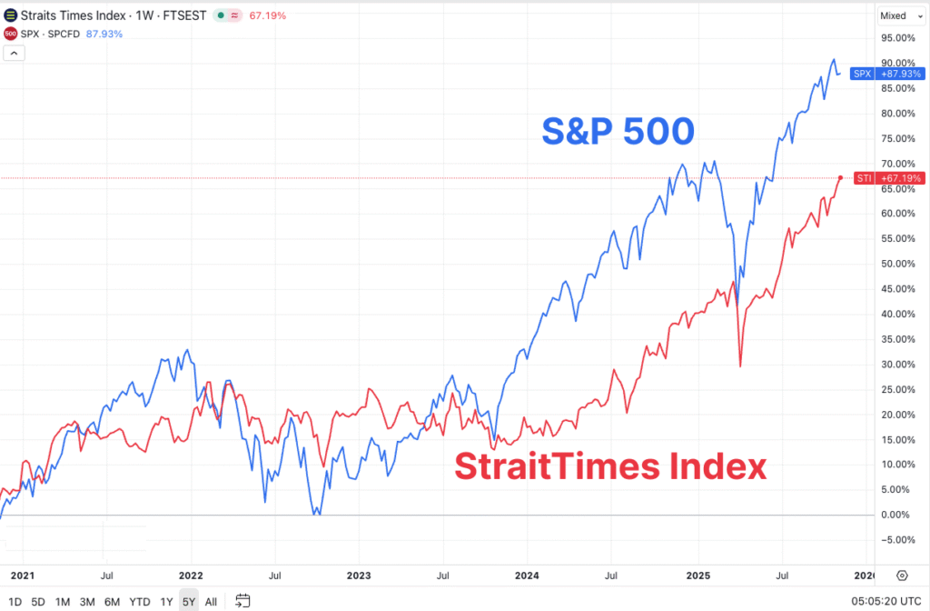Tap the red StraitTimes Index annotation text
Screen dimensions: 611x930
click(610, 467)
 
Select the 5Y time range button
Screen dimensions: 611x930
click(188, 601)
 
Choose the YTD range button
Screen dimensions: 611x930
click(139, 601)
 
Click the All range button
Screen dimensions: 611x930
click(211, 601)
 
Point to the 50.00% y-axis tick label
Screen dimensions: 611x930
click(897, 264)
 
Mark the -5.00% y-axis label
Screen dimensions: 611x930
click(897, 539)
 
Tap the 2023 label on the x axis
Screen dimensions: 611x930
click(359, 576)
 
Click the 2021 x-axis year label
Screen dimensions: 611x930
click(23, 576)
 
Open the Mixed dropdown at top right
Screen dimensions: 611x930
click(898, 15)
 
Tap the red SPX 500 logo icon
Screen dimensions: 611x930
click(10, 34)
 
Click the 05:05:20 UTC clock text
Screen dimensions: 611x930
click(886, 601)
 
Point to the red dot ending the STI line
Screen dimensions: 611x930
click(841, 177)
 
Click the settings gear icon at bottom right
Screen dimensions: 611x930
click(902, 576)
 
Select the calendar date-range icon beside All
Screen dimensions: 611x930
click(242, 600)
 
